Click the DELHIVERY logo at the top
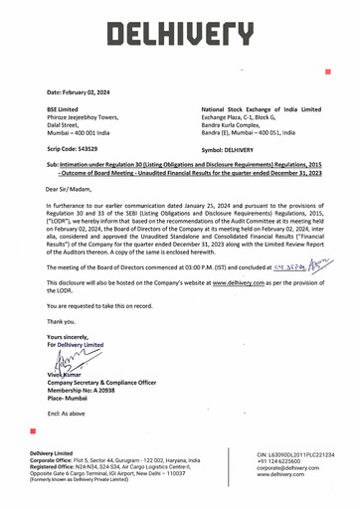click(180, 37)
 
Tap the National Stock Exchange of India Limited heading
click(261, 108)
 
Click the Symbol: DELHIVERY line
click(235, 147)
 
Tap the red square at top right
click(327, 72)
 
